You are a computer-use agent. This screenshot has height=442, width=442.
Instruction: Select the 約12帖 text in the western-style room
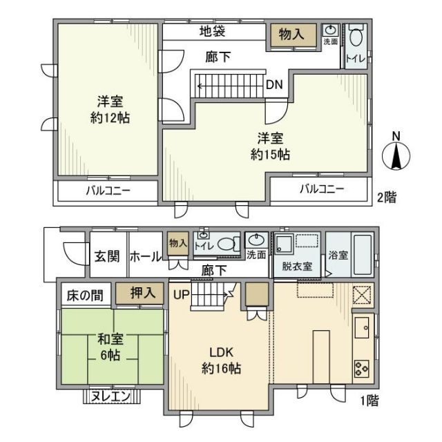110,117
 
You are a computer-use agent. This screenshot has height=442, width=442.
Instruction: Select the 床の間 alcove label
84,295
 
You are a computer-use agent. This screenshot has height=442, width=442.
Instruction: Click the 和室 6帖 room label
110,347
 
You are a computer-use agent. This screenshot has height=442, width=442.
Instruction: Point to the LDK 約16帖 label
221,361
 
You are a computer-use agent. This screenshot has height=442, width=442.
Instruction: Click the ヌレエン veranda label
111,397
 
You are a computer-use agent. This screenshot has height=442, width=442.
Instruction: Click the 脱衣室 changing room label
296,266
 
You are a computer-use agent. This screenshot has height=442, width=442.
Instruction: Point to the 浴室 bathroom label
338,255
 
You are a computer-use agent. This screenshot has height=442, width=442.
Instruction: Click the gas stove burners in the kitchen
363,367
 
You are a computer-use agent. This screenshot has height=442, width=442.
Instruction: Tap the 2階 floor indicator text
387,198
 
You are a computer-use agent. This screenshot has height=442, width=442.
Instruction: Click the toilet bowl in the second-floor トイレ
356,37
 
